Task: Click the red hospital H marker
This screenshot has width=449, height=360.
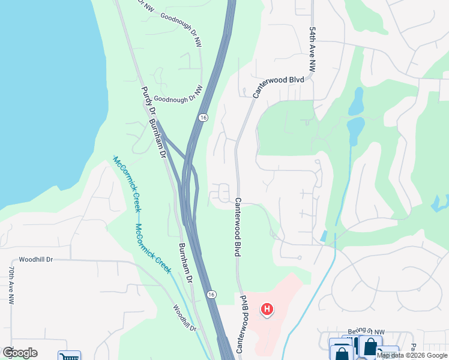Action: [x=267, y=310]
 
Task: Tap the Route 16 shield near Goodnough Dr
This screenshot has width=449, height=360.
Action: [x=204, y=118]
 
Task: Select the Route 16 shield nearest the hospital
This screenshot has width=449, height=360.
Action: [x=211, y=294]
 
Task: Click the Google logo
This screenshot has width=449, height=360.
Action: [x=20, y=353]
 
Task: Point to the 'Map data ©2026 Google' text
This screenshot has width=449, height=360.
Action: [x=412, y=355]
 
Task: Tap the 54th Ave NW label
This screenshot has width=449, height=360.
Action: [x=312, y=50]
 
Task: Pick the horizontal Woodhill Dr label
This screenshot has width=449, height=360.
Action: [x=36, y=260]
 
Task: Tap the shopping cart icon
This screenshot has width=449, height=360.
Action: [x=69, y=356]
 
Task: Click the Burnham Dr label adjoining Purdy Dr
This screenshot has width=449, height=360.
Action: [x=158, y=137]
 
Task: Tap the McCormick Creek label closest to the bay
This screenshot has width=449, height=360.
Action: [x=127, y=184]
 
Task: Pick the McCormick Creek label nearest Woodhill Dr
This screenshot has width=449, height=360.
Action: [x=153, y=248]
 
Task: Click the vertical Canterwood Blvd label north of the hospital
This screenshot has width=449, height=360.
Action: [x=238, y=228]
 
